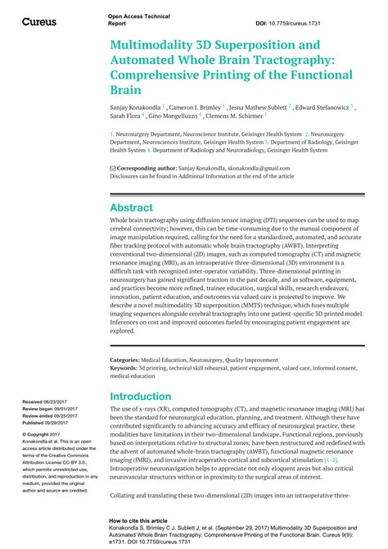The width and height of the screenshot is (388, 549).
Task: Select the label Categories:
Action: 126,360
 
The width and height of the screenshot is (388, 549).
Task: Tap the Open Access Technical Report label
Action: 127,20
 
